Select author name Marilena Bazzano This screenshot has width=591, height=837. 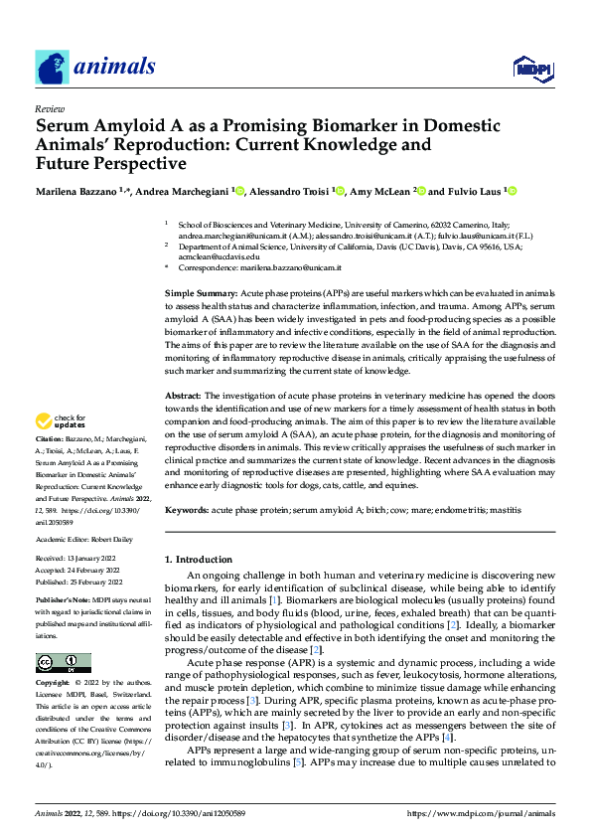[80, 190]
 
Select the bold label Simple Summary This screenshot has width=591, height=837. [201, 295]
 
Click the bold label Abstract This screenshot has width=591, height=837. [183, 395]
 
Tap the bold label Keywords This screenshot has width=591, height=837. [187, 509]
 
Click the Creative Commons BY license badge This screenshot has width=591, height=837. [63, 662]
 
